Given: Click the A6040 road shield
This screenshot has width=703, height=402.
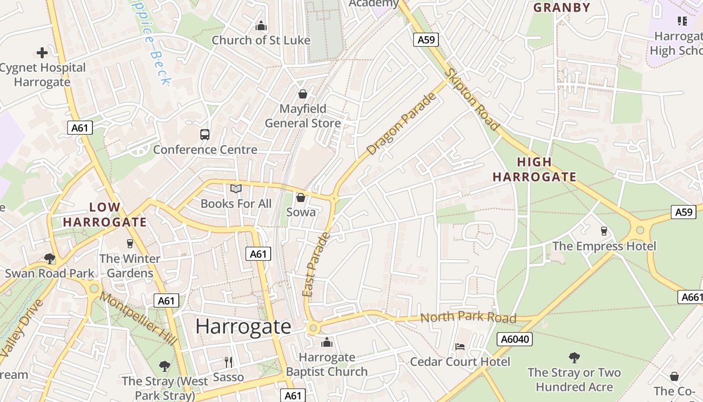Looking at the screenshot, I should [x=515, y=339].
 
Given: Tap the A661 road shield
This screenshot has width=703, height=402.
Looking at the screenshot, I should [x=691, y=297].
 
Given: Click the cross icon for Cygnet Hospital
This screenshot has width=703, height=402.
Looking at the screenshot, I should [x=42, y=52].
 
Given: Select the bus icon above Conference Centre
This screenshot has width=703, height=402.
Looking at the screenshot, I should [x=205, y=134].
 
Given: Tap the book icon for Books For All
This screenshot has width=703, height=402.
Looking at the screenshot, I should [x=236, y=188].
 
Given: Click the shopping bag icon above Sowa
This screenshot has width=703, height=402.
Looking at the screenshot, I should [x=301, y=197].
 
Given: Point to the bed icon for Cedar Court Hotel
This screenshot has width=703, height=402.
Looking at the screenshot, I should [x=459, y=347].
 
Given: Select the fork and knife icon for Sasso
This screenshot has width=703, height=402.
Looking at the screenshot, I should [x=228, y=362].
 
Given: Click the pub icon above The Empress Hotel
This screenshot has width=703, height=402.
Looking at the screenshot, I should [x=604, y=231].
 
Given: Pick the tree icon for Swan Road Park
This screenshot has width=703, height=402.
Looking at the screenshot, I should [x=49, y=259].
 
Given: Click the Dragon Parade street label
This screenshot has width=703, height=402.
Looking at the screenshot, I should [x=402, y=124].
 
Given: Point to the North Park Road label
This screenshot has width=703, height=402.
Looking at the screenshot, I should [x=468, y=318].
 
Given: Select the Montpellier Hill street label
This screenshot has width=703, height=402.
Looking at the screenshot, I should [x=139, y=318].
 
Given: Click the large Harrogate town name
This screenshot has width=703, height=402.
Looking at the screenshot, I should [x=243, y=327].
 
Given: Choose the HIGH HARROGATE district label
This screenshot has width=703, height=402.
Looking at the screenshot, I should [x=534, y=169].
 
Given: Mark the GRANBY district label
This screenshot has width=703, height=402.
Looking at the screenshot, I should [x=561, y=8].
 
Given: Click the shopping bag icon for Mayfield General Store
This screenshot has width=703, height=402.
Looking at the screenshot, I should [x=303, y=94].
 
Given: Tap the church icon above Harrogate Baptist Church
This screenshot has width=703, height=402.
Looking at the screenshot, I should [x=327, y=343].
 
